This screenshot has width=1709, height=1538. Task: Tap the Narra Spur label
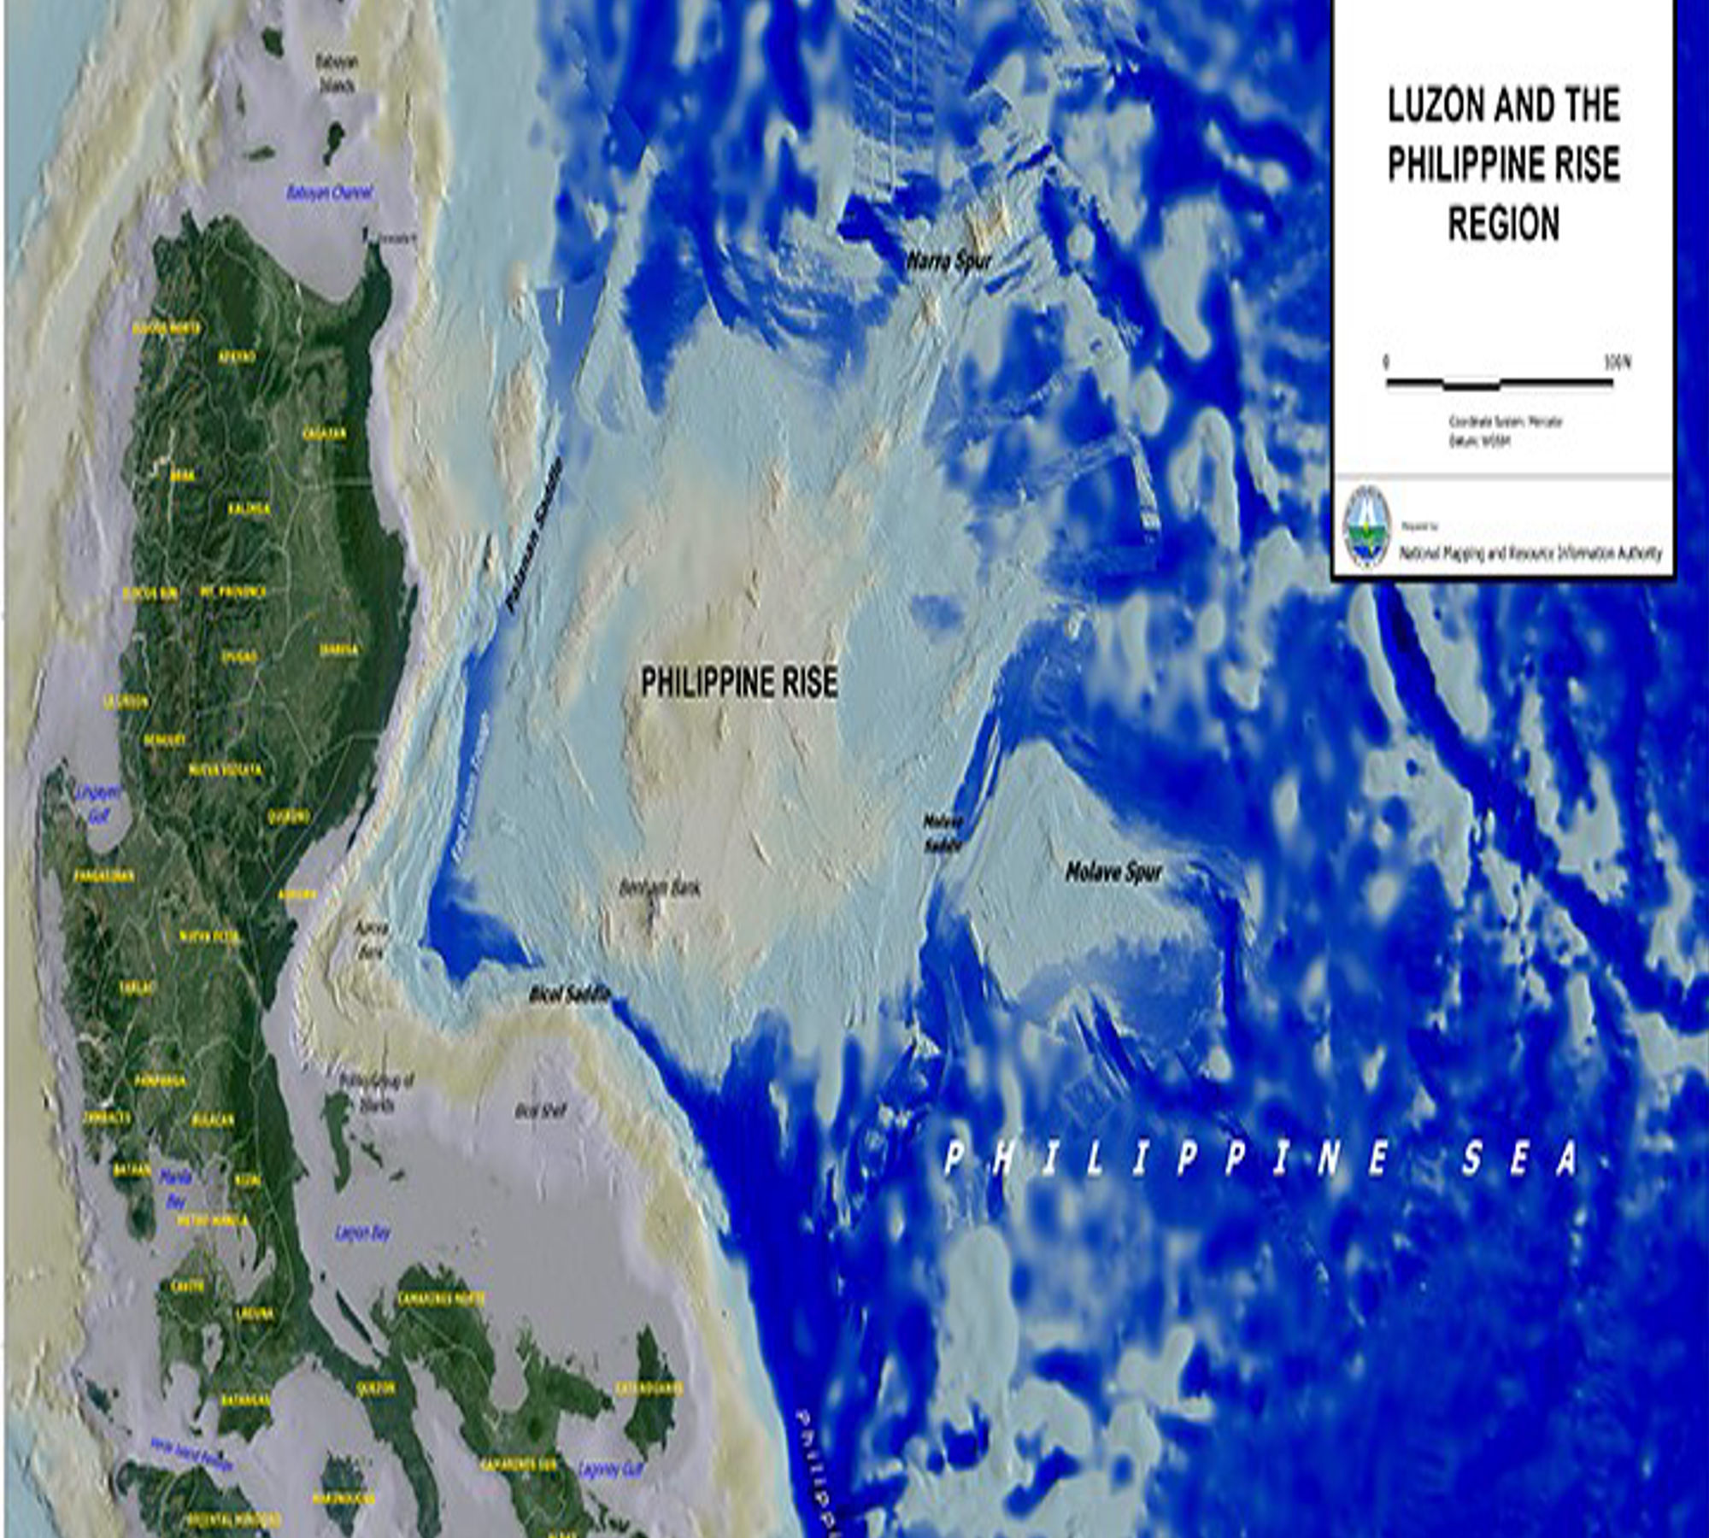pos(949,261)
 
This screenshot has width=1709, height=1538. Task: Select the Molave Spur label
pos(1113,872)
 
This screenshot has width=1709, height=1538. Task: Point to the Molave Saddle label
pos(943,833)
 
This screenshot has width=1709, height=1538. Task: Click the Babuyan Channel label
pos(329,193)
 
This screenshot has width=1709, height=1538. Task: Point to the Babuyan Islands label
pos(335,74)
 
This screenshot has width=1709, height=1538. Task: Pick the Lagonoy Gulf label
pos(610,1470)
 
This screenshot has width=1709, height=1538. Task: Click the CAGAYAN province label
pos(325,434)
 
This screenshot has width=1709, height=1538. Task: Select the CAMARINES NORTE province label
pos(441,1299)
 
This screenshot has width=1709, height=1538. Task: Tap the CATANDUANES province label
pos(649,1389)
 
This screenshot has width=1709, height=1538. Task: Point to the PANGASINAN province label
pos(103,876)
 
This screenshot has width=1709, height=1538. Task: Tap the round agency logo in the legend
pos(1367,527)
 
